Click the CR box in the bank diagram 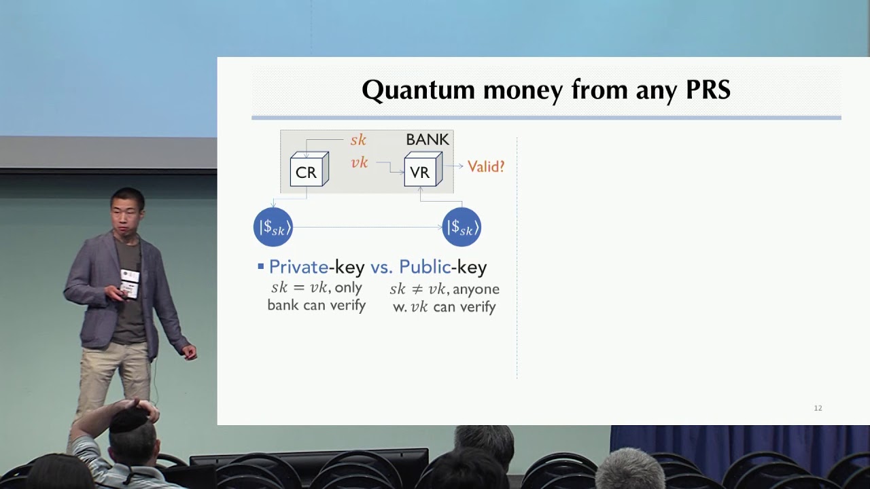[309, 169]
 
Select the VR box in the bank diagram [423, 169]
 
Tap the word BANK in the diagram [428, 139]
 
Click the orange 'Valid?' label [486, 166]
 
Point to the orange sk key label [358, 140]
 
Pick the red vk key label [360, 162]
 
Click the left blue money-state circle [273, 227]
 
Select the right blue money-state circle [462, 227]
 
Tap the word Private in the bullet [298, 267]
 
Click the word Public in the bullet [425, 267]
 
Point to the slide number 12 [818, 408]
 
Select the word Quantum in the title [418, 90]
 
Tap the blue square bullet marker [261, 267]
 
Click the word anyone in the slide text [476, 289]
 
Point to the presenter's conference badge [129, 284]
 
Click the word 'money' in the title [523, 91]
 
